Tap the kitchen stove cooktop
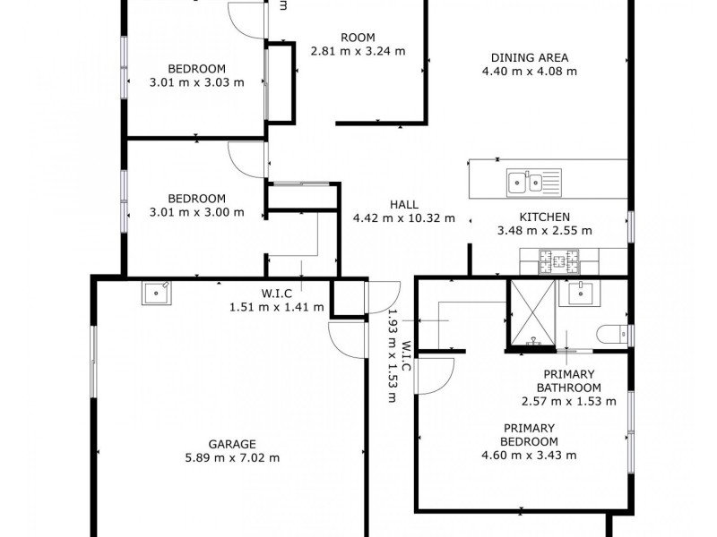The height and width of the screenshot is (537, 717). (558, 261)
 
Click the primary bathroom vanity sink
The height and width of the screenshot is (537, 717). (580, 293)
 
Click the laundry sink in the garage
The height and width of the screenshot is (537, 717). (156, 293)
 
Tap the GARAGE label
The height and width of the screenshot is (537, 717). (232, 444)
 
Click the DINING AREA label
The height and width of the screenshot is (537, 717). (530, 58)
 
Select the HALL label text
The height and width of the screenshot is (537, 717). (404, 205)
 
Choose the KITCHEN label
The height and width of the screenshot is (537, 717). (545, 217)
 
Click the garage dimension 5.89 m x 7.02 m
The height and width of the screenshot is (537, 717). (232, 457)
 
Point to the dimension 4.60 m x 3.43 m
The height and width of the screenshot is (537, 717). (529, 456)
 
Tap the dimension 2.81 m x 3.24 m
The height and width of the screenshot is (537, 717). (358, 51)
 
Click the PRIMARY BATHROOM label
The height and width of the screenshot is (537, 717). (569, 381)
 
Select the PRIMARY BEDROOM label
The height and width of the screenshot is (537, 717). (529, 435)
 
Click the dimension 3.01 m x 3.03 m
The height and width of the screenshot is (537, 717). (196, 82)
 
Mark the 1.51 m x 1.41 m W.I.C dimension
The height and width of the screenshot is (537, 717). (277, 307)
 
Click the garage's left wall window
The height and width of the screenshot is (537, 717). (93, 362)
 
